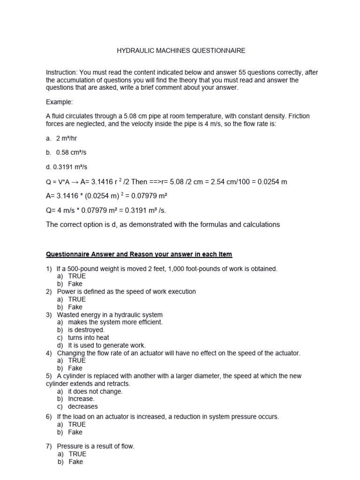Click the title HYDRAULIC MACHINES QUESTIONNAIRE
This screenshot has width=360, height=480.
[x=180, y=50]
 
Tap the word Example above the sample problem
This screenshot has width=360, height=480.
[x=59, y=102]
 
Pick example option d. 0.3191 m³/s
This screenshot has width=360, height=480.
[x=67, y=166]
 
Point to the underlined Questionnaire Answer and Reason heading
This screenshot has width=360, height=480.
[x=139, y=254]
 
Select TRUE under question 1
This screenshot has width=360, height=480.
[x=77, y=276]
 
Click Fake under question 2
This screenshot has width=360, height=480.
[x=75, y=307]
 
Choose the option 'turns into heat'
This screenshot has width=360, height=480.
[x=88, y=337]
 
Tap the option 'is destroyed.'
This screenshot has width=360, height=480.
[x=86, y=330]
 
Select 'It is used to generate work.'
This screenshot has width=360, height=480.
[x=106, y=345]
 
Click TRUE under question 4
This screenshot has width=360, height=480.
[x=77, y=360]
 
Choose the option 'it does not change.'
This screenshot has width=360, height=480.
[x=95, y=391]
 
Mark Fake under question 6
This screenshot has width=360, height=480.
[x=75, y=432]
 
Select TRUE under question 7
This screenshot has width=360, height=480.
[x=77, y=454]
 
